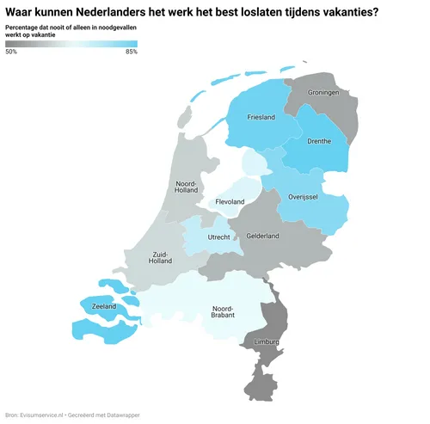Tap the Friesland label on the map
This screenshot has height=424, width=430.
point(261,117)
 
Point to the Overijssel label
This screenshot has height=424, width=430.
point(303,197)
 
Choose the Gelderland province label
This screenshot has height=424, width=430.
point(262,235)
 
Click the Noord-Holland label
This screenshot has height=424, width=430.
point(187,188)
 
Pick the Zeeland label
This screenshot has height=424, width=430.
point(104,305)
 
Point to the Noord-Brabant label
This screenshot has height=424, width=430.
point(224,314)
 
